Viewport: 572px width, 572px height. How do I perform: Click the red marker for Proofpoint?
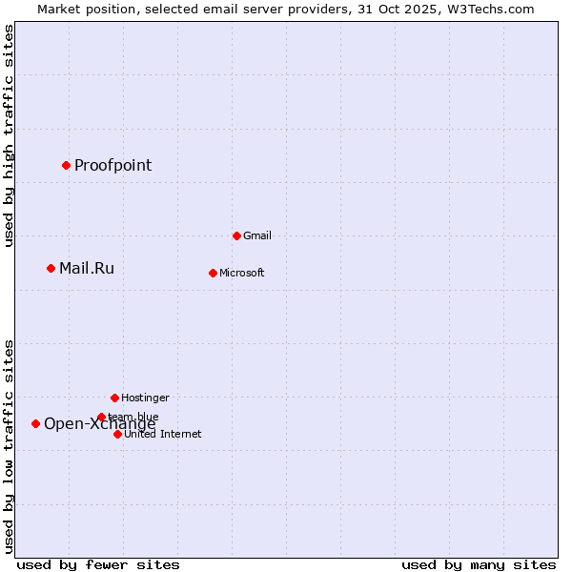coord(66,165)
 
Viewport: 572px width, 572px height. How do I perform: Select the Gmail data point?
coord(236,235)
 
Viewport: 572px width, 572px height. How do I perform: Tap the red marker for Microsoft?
coord(213,273)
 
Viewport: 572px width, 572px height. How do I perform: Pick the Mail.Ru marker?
coord(51,268)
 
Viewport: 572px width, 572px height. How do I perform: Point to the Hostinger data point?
coord(114,398)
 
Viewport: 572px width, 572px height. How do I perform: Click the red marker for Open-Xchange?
coord(35,423)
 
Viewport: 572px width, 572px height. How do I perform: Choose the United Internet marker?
coord(117,434)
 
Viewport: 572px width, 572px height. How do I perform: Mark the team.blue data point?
coord(101,417)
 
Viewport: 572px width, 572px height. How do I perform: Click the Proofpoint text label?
coord(112,165)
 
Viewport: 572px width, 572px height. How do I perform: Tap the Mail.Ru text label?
coord(86,268)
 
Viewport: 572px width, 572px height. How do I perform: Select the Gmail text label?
coord(257,235)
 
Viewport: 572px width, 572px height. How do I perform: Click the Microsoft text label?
coord(241,273)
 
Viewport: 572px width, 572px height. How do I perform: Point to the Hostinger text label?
coord(145,398)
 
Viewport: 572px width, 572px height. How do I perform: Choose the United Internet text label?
coord(162,434)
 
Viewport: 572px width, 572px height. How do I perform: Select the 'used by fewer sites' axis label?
coord(98,564)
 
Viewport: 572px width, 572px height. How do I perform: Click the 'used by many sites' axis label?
coord(479,564)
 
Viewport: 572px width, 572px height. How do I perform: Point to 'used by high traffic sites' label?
coord(10,135)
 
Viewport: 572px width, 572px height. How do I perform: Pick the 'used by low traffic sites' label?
coord(10,446)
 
